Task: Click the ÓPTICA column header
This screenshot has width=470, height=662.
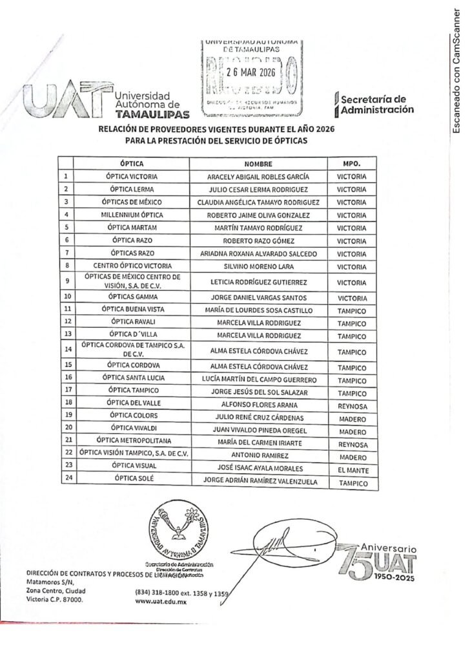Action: (x=132, y=163)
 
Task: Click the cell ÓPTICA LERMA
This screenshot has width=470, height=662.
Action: (x=132, y=189)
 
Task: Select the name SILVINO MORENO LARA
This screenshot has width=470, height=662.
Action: (x=258, y=266)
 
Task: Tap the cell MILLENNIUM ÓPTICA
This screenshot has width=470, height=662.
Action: (x=132, y=215)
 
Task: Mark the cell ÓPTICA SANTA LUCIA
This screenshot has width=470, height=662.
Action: (x=132, y=378)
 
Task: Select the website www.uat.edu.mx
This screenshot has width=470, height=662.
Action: (x=158, y=600)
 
